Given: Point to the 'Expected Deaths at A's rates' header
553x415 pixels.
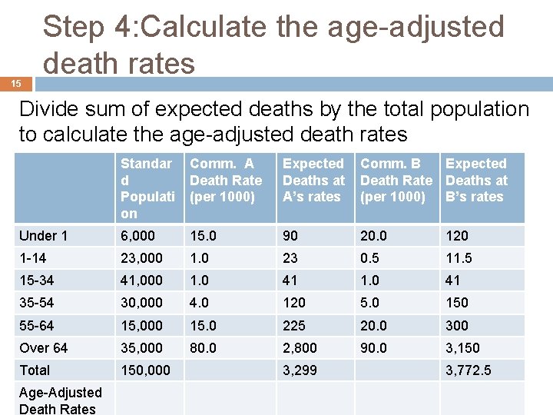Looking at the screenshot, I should [x=314, y=180].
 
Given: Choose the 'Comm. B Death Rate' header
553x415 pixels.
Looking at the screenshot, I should [x=396, y=180].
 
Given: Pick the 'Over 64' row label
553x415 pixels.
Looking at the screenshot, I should [x=44, y=348].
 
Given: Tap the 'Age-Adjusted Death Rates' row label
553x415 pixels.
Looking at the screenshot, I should [x=60, y=400].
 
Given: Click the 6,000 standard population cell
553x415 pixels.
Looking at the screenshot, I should [x=137, y=236].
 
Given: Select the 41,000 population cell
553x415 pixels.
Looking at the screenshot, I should [x=141, y=281].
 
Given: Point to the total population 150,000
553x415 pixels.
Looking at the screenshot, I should [x=145, y=370].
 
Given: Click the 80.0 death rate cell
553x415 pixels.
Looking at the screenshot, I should [x=204, y=348].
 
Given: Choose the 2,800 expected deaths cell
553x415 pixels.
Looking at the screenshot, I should [x=300, y=348].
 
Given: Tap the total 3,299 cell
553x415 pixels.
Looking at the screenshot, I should [x=300, y=370].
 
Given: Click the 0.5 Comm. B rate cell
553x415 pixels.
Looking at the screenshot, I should [x=371, y=258].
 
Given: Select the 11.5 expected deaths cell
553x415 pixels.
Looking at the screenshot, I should [x=459, y=258].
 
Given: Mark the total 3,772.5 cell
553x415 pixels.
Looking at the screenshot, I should [x=469, y=370].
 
